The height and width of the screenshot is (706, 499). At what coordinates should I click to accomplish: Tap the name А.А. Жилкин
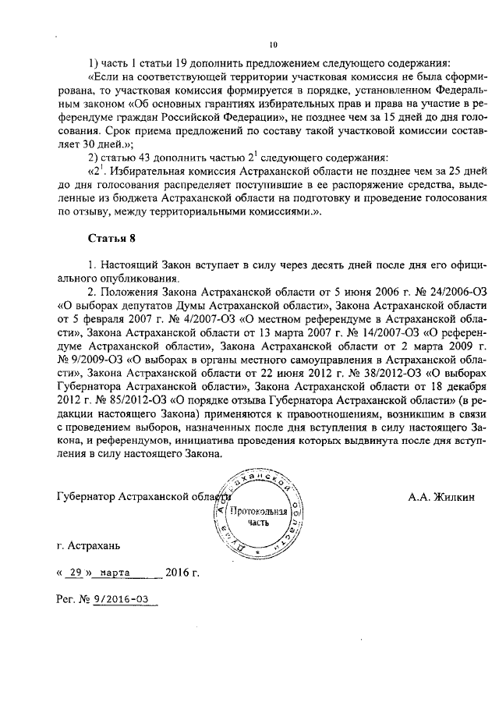click(441, 496)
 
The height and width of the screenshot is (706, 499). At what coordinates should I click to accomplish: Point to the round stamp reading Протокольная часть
click(261, 516)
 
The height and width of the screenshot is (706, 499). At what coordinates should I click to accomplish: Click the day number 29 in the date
click(76, 572)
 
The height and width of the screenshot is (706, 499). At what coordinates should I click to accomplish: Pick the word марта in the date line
click(115, 572)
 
